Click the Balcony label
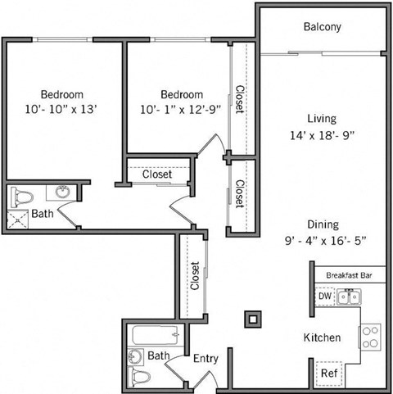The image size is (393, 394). pos(322,27)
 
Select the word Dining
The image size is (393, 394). pos(322,224)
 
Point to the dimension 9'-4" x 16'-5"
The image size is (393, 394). pos(322,240)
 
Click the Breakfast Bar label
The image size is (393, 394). pos(350,275)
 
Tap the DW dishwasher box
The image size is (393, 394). pos(324,296)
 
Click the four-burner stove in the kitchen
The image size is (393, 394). pos(370,336)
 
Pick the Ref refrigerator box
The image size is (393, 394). pos(328,374)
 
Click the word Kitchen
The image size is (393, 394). pos(323,337)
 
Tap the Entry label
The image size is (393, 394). pos(205,358)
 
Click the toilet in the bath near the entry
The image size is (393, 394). pos(142,378)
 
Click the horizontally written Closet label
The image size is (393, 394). pos(157,174)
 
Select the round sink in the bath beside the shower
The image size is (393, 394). pos(63,193)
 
